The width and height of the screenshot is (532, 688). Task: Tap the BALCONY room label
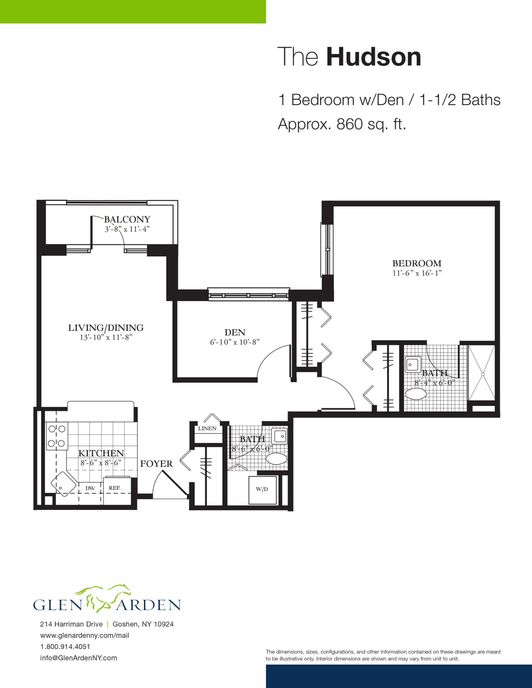coord(127,219)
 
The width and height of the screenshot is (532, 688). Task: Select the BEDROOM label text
coord(417,263)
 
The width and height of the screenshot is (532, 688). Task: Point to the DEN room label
coord(235,332)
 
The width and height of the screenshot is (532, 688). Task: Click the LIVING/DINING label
coord(106,328)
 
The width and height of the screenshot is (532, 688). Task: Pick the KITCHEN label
coord(101,453)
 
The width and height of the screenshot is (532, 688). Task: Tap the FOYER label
coord(157,464)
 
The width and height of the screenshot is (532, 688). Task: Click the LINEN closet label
coord(207,428)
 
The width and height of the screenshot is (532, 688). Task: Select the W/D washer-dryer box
coord(263,490)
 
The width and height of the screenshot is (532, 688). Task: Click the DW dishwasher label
coord(90,488)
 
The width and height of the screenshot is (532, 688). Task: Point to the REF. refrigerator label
coord(115,488)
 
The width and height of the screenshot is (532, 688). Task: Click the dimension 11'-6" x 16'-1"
coord(417,273)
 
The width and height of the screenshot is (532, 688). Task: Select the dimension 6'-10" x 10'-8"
coord(235,342)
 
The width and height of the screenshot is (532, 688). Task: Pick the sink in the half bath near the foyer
coord(279,436)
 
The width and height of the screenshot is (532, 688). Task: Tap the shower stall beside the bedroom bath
coord(481,373)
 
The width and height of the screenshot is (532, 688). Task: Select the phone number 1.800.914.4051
coord(65,647)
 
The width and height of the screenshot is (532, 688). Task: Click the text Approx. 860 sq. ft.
coord(342,124)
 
